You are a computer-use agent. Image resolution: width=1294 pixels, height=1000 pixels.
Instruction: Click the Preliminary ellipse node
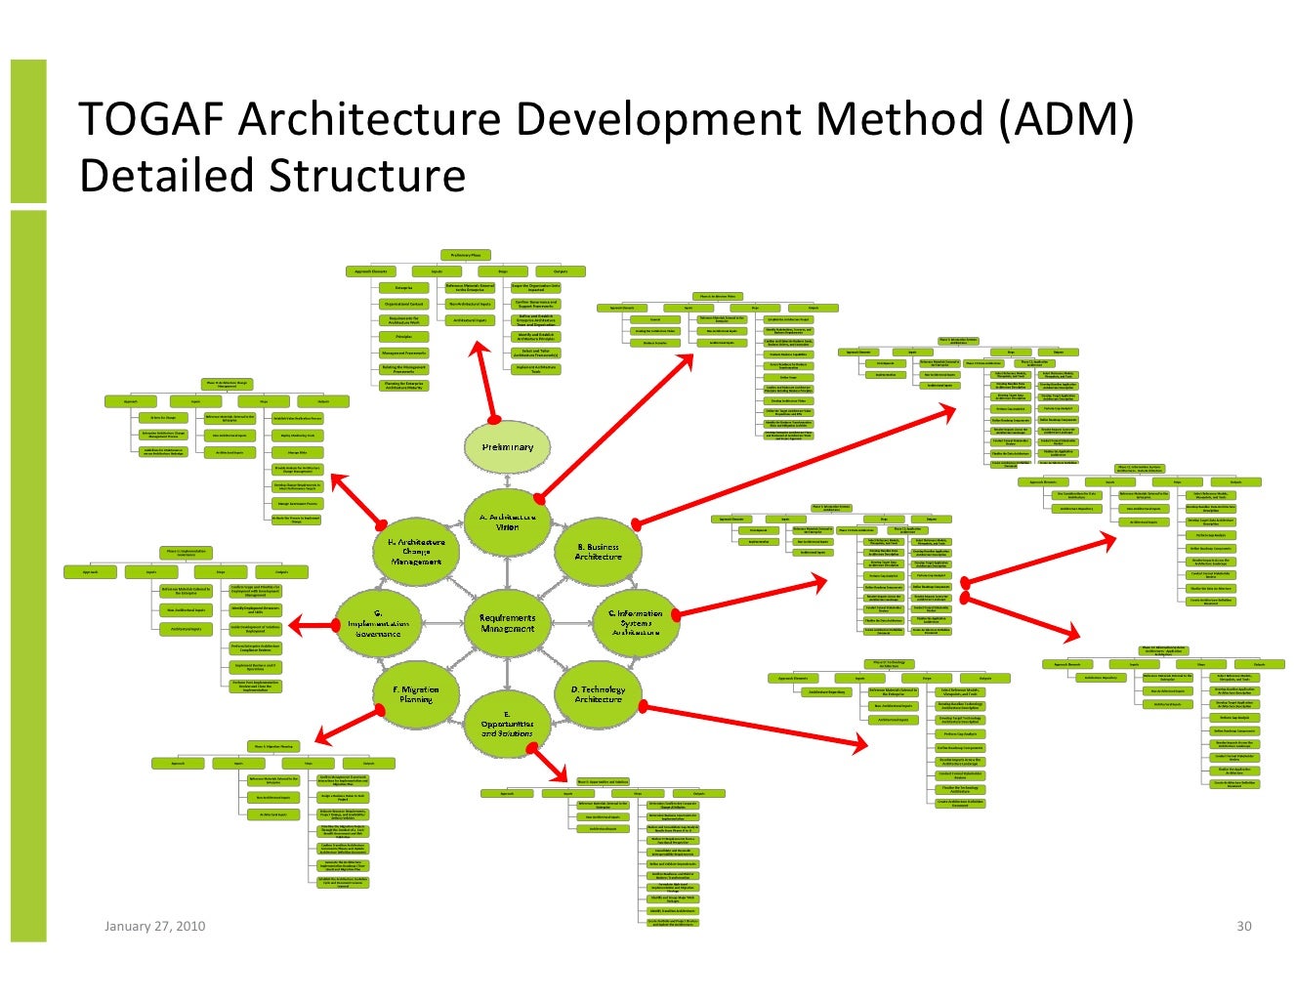pos(507,446)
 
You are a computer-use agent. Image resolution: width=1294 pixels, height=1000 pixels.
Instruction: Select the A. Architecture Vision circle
pos(507,521)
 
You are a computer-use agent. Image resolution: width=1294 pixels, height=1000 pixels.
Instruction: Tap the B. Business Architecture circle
pos(598,552)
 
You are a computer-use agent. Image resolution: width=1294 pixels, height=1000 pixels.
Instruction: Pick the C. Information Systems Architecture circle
pos(636,623)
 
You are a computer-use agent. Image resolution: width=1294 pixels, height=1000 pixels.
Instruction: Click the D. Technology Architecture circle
pos(598,694)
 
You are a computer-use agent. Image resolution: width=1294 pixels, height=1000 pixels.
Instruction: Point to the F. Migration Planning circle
pos(416,694)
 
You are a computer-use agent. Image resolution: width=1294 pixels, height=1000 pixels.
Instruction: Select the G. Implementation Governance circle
pos(378,623)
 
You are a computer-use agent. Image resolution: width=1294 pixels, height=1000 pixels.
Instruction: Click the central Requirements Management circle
pos(507,623)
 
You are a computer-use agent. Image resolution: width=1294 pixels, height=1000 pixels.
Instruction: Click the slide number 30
pos(1243,926)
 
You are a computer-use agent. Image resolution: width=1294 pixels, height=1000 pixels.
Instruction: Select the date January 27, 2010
pos(154,926)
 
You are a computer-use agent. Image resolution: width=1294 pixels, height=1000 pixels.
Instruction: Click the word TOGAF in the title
pos(150,119)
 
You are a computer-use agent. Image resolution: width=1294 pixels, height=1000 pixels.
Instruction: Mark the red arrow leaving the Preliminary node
pos(486,382)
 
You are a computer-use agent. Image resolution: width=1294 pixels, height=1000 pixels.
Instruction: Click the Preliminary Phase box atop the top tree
pos(465,255)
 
